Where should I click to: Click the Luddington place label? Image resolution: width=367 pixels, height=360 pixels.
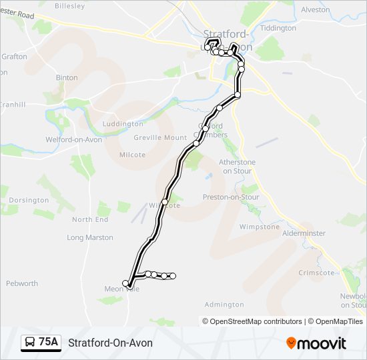[122, 124]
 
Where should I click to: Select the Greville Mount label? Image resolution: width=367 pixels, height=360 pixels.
[160, 137]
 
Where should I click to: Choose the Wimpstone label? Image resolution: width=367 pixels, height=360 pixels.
[259, 227]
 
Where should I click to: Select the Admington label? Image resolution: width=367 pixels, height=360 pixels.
[224, 305]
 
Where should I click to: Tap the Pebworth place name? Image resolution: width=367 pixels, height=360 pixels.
[22, 283]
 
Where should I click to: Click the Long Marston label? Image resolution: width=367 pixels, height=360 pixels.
[90, 237]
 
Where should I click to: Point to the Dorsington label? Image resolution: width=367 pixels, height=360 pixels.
[29, 200]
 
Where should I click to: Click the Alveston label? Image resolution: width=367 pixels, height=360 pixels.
[315, 10]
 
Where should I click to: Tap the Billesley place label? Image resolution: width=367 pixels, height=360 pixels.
[70, 6]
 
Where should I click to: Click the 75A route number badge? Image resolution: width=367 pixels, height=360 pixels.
[48, 342]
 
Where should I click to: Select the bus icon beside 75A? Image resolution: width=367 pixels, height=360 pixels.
[30, 343]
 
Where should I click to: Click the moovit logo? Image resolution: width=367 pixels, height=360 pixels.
[316, 343]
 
